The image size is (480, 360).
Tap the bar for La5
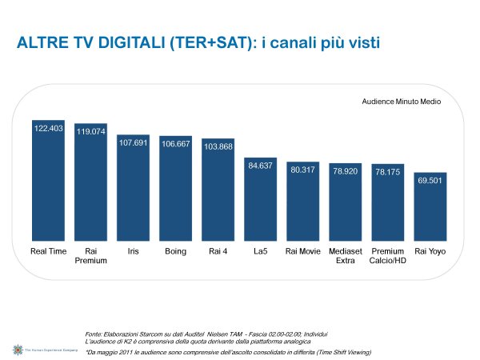[x=260, y=199]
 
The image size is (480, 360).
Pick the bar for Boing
[x=175, y=189]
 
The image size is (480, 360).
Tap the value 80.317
[x=302, y=170]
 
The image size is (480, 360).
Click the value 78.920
[x=345, y=171]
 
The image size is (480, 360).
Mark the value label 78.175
[x=387, y=172]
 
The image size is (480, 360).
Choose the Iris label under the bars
[x=133, y=251]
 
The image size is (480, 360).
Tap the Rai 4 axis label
[x=218, y=251]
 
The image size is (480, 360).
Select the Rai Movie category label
[x=302, y=251]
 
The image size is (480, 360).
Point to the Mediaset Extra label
[x=346, y=256]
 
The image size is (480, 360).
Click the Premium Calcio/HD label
[x=388, y=256]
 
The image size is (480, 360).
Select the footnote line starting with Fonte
[x=206, y=333]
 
